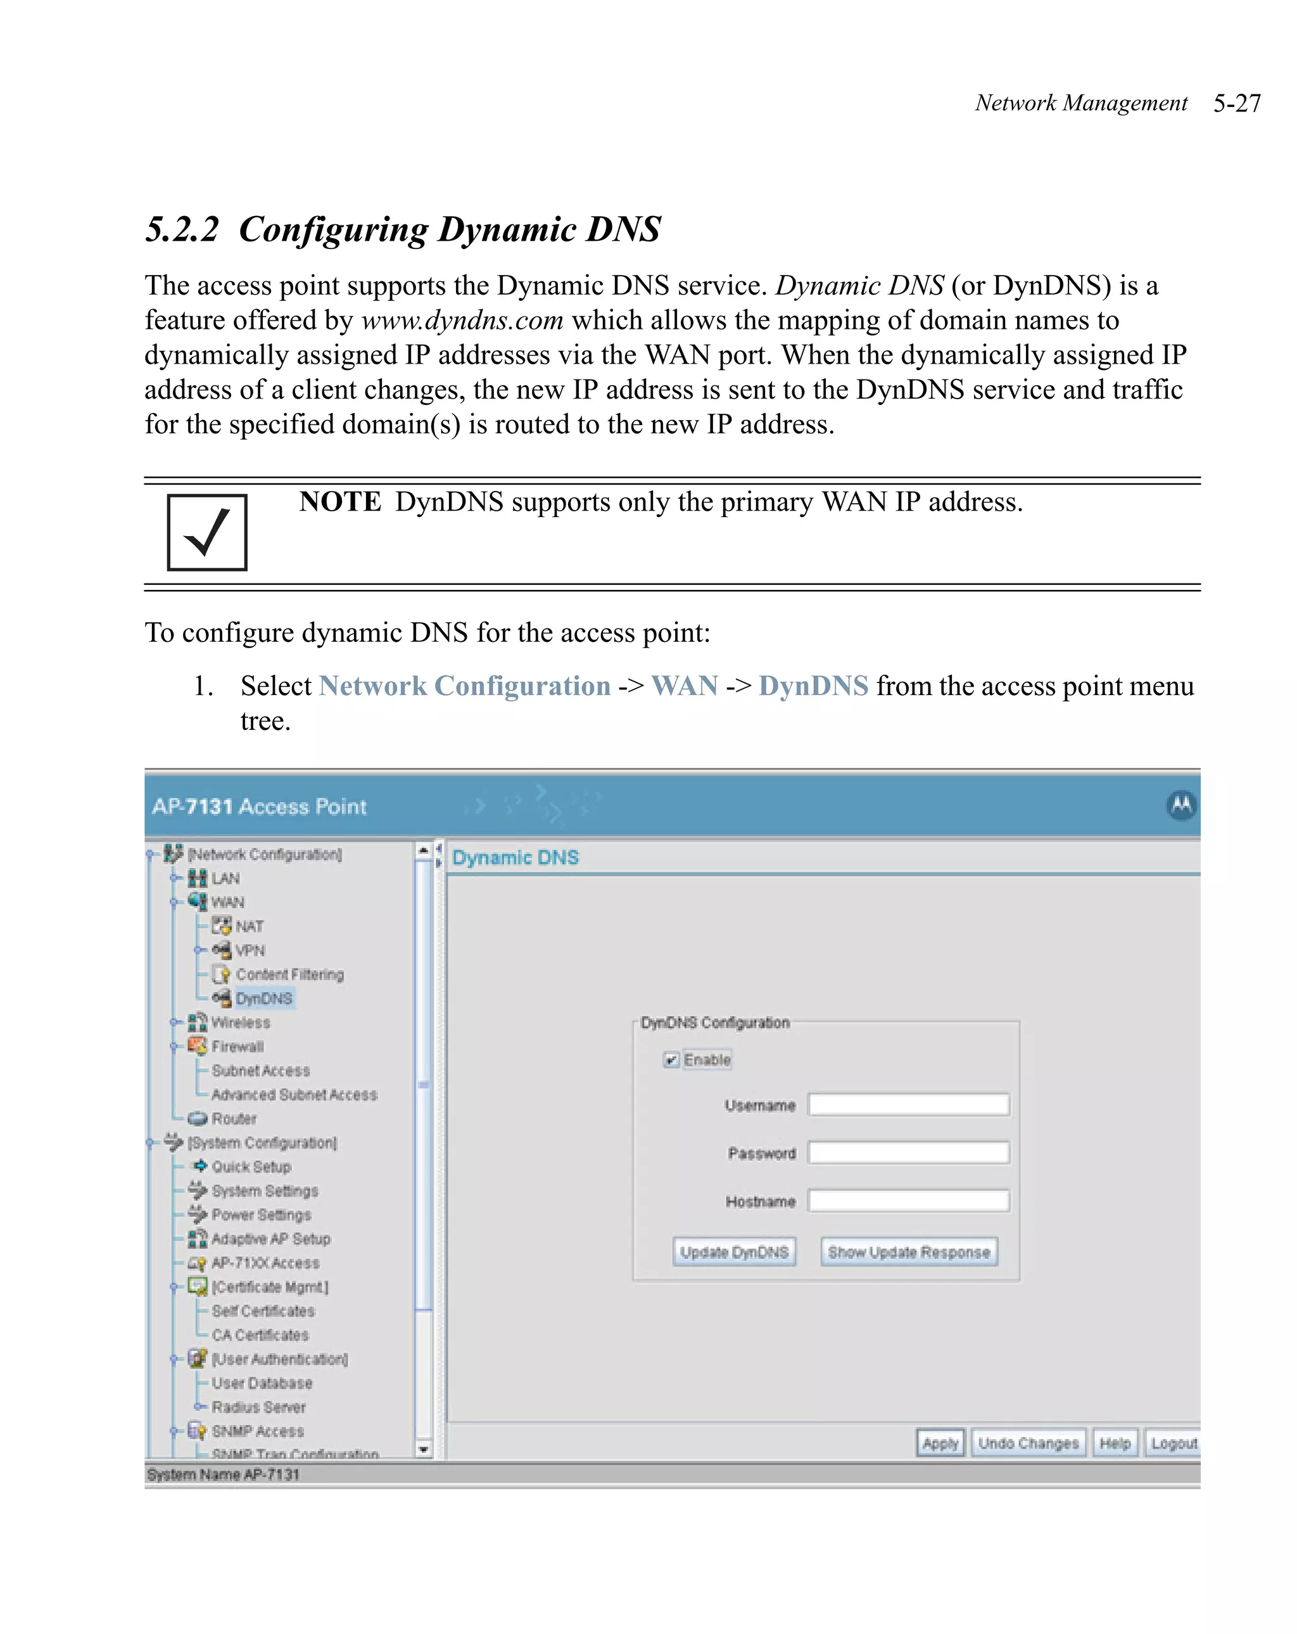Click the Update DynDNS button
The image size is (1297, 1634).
click(733, 1252)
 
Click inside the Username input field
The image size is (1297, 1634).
click(908, 1104)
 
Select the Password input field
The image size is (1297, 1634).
click(908, 1152)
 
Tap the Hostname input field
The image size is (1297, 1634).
click(908, 1201)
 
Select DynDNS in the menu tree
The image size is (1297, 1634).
click(263, 998)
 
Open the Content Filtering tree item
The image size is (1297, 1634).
click(289, 974)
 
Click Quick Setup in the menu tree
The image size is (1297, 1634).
click(251, 1166)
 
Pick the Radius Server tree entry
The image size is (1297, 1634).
click(258, 1407)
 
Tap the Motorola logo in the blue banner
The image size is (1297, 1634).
click(1180, 805)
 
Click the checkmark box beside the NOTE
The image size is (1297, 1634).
click(207, 532)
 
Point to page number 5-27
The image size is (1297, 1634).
click(1236, 103)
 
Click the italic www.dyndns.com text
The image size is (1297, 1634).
click(462, 321)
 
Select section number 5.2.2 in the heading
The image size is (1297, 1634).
click(182, 229)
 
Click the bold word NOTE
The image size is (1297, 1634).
click(340, 502)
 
